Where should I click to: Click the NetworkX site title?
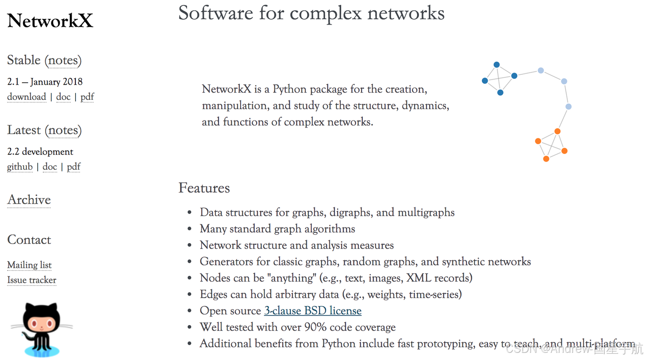click(50, 21)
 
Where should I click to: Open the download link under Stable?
click(26, 97)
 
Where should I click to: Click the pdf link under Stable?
click(87, 97)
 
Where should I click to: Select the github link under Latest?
click(20, 167)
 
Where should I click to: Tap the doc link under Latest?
click(50, 167)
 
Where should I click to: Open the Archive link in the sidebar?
click(29, 200)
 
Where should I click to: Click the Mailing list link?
click(29, 265)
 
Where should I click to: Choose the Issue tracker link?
click(32, 280)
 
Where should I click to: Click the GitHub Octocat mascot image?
click(41, 329)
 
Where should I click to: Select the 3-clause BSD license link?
click(313, 311)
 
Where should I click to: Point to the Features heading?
click(204, 188)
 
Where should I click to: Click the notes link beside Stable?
click(64, 60)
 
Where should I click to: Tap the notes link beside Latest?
click(64, 130)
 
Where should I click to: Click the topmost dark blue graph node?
click(497, 64)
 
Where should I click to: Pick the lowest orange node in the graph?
click(546, 159)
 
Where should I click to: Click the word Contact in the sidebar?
click(29, 240)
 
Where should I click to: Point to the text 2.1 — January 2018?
click(45, 81)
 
